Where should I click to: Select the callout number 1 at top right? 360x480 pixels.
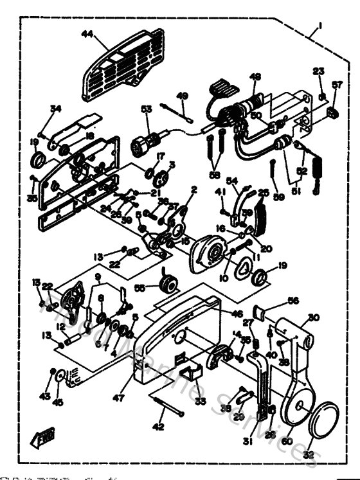click(318, 28)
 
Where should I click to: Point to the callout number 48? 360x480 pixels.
click(255, 77)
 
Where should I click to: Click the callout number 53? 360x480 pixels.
click(147, 110)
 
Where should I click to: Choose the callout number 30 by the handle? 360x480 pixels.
click(313, 317)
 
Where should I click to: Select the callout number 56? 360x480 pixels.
click(293, 300)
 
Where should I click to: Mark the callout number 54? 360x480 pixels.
click(233, 182)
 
